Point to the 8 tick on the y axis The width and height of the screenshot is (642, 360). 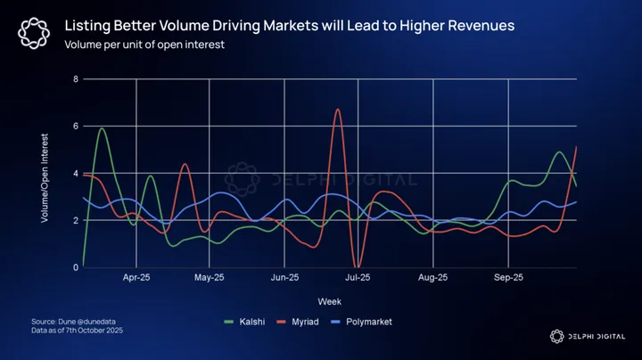click(x=76, y=79)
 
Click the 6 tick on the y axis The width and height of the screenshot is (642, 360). click(x=76, y=127)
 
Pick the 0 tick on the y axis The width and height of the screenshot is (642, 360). click(x=76, y=266)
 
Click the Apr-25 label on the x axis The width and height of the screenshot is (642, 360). click(x=136, y=278)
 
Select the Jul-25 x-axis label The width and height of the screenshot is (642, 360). click(x=358, y=278)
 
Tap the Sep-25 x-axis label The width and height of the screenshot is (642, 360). click(x=507, y=278)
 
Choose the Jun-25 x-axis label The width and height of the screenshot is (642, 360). click(x=284, y=278)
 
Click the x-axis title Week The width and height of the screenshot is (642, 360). click(x=329, y=301)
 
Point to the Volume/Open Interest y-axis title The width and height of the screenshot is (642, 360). click(x=45, y=175)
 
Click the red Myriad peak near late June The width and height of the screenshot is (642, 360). click(x=338, y=110)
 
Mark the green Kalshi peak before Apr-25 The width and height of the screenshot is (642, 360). click(x=103, y=128)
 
